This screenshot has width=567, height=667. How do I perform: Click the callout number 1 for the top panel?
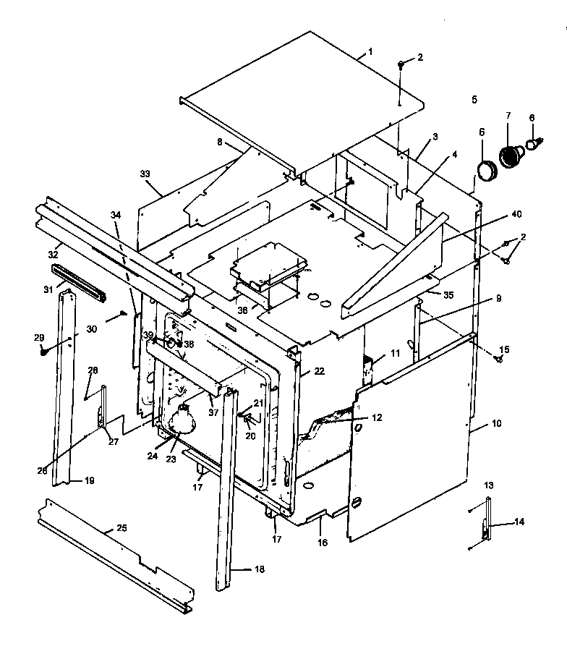pos(370,51)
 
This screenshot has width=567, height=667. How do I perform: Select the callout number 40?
pos(516,214)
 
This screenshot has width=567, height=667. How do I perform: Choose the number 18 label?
pos(259,569)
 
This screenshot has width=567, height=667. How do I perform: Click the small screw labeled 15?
pos(499,357)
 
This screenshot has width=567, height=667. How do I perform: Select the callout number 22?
pos(319,371)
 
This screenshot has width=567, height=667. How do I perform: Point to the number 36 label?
pos(242,309)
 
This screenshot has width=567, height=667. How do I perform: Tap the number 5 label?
pos(474,99)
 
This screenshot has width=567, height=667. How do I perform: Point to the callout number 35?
pos(448,295)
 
